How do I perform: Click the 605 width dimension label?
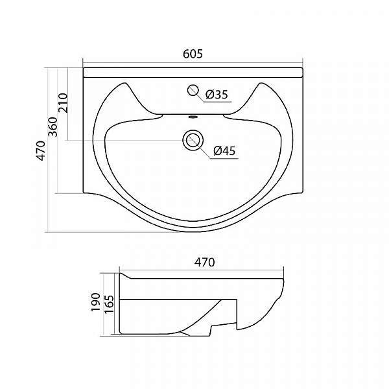coord(193,54)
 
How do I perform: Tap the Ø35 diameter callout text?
coord(217,94)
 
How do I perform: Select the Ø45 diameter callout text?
coord(224,150)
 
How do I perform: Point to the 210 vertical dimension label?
coord(63,102)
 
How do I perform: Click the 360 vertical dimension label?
coord(53,127)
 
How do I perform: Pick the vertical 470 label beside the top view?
coord(41,150)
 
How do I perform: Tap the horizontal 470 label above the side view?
coord(204,262)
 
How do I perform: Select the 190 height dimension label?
coord(95,302)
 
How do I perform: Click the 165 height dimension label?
coord(109,305)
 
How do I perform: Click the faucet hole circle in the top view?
coord(193,90)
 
